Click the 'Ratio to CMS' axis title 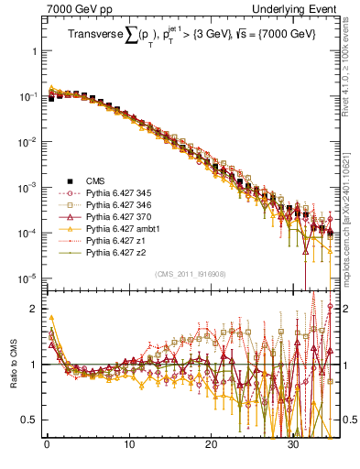tap(14, 360)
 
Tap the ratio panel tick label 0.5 tap(30, 420)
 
